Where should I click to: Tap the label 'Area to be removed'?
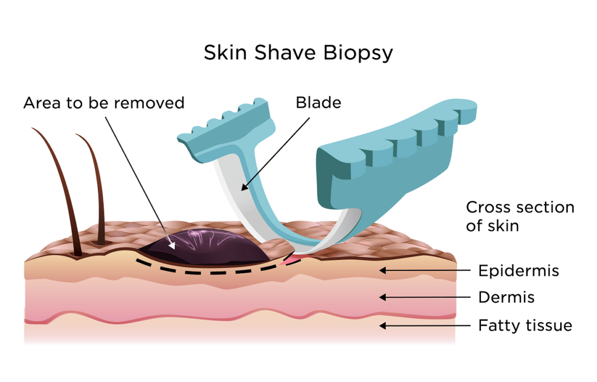[x=104, y=103]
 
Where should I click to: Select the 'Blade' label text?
[x=318, y=103]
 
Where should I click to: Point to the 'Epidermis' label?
[x=518, y=271]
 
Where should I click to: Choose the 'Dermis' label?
[x=506, y=297]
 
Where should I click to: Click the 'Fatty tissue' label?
[x=525, y=325]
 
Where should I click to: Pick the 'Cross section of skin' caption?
[x=520, y=216]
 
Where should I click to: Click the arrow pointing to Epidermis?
[x=426, y=270]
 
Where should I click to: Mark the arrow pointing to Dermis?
[x=426, y=297]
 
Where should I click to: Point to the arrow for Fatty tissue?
[x=426, y=325]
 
